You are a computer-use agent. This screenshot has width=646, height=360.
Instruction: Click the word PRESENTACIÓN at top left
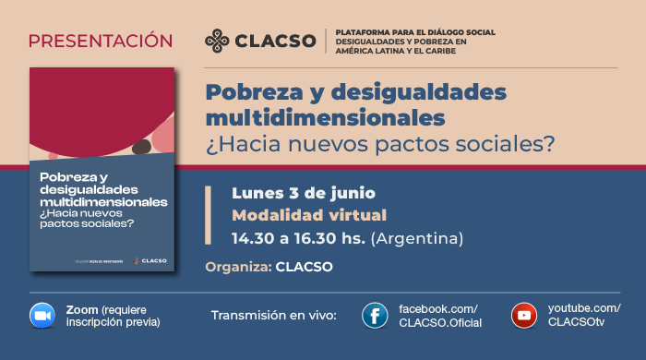click(x=101, y=41)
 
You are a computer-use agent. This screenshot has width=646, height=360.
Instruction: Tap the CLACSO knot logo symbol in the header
click(x=218, y=41)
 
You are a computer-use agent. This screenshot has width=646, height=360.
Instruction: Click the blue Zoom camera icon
click(x=42, y=315)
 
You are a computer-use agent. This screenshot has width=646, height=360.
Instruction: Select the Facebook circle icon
click(x=375, y=316)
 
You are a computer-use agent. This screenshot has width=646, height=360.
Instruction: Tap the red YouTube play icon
click(x=524, y=316)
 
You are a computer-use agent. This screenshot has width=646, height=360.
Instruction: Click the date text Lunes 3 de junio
click(x=303, y=194)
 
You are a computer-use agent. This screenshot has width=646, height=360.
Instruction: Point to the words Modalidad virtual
click(x=295, y=216)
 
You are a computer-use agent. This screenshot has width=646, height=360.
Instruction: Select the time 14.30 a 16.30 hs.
click(x=298, y=239)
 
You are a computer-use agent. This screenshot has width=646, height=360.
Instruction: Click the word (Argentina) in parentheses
click(x=416, y=239)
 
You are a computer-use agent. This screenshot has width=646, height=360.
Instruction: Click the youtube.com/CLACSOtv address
click(x=584, y=315)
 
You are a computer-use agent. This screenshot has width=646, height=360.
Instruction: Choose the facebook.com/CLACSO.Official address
click(x=438, y=315)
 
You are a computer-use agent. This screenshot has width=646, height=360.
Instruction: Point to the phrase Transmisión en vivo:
click(x=274, y=316)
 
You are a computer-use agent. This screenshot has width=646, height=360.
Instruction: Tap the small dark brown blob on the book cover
click(x=141, y=146)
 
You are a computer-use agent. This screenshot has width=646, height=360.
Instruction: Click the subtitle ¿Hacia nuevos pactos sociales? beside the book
click(x=380, y=144)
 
